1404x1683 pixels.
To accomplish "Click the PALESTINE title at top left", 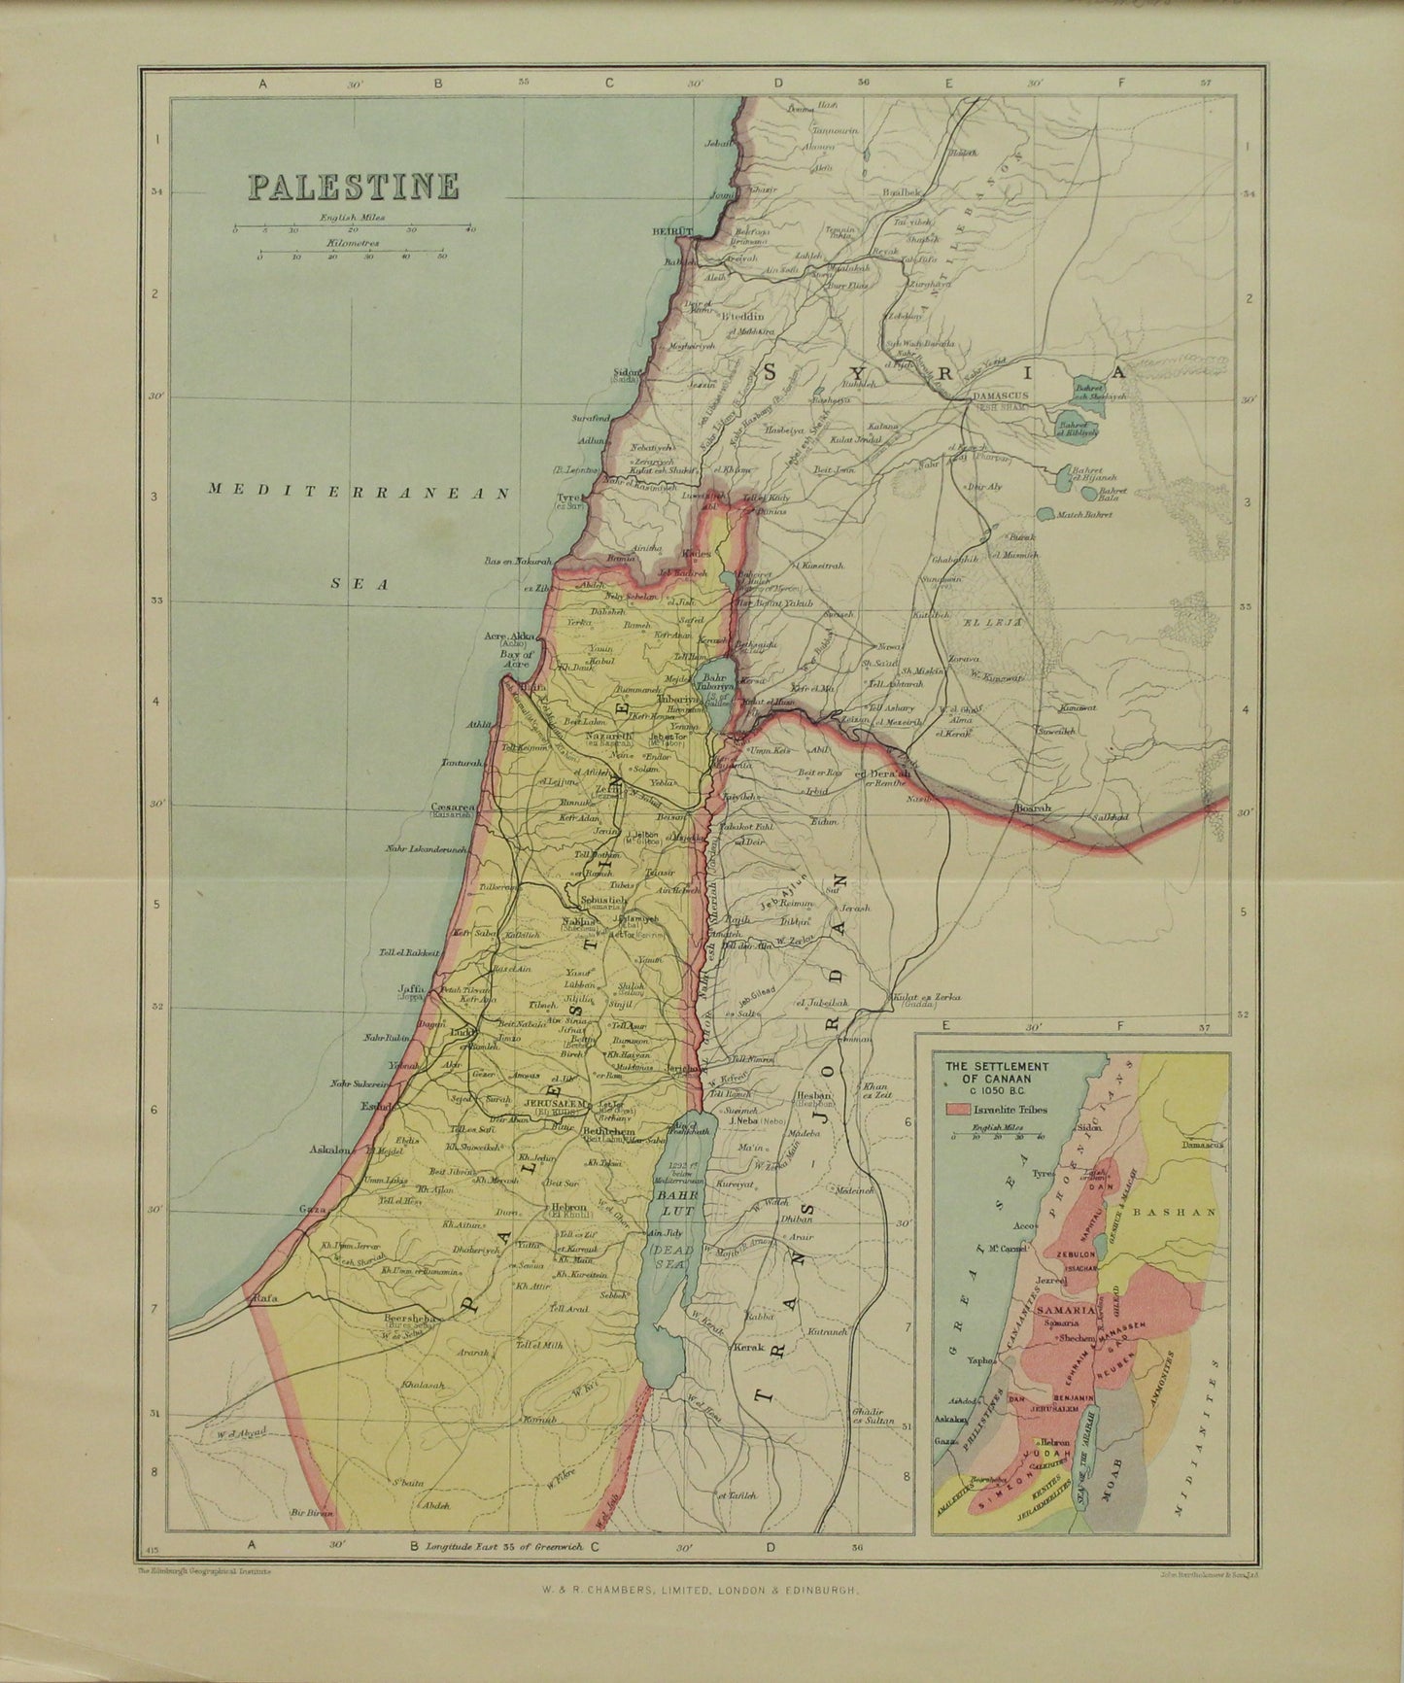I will point(353,186).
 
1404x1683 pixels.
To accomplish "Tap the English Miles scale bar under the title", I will point(352,231).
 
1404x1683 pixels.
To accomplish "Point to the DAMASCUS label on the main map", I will point(1004,397).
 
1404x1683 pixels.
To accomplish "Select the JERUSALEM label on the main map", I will point(552,1105).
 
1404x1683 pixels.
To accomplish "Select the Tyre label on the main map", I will point(567,498).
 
